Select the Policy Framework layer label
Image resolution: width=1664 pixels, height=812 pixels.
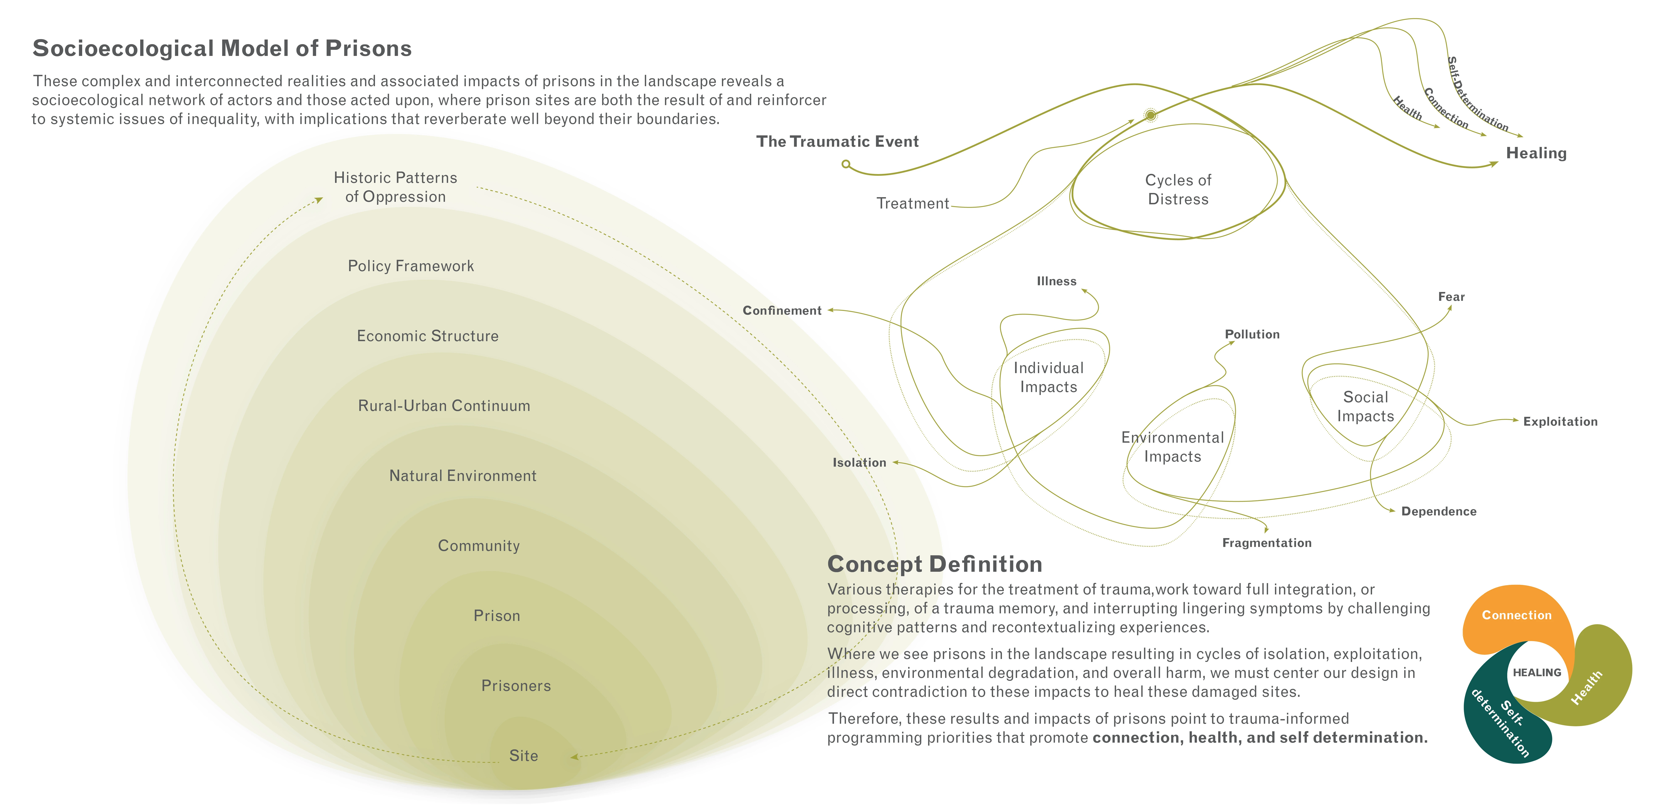[x=411, y=266]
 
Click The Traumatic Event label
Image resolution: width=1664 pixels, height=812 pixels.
[x=837, y=141]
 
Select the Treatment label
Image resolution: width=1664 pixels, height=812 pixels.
[x=912, y=203]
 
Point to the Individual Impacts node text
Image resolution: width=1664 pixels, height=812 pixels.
[x=1048, y=377]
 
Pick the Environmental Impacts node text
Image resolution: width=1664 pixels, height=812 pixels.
[x=1172, y=447]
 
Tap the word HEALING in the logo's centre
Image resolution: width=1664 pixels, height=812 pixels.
[x=1537, y=672]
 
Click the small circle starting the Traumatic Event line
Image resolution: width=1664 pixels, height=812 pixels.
[x=846, y=164]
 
